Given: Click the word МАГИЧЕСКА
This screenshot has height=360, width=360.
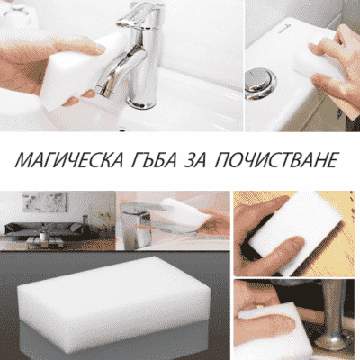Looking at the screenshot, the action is pyautogui.click(x=69, y=160).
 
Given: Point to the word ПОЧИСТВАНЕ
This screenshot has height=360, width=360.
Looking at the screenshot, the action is pyautogui.click(x=275, y=160).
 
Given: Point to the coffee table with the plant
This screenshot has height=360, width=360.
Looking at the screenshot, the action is pyautogui.click(x=45, y=242).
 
